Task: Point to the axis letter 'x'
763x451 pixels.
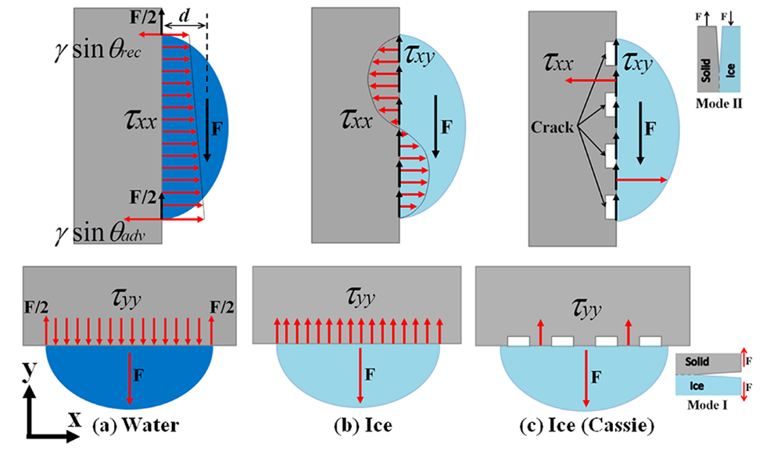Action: [x=75, y=420]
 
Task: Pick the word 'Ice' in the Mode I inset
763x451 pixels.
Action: [x=694, y=385]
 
